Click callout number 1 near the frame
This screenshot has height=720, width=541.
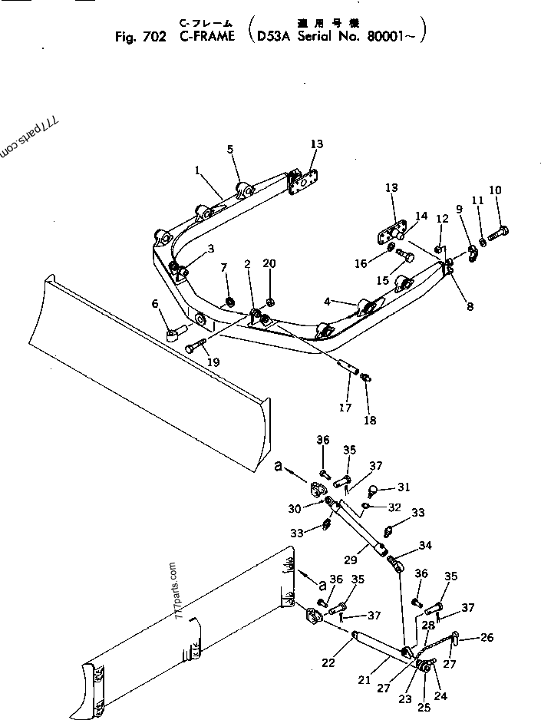coord(196,170)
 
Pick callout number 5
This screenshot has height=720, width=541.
coord(229,149)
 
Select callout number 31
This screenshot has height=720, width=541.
coord(404,487)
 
